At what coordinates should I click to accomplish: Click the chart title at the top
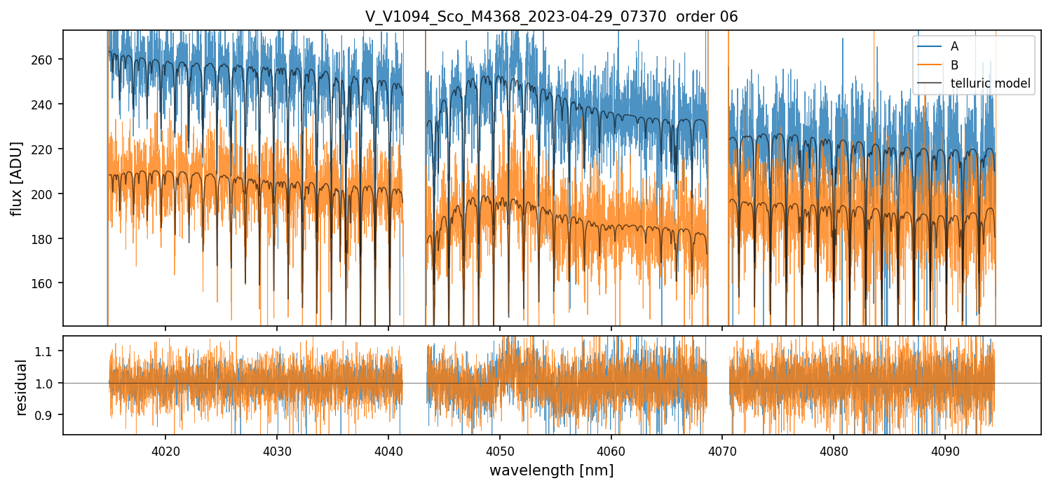click(x=551, y=17)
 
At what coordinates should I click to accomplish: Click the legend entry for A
click(x=954, y=46)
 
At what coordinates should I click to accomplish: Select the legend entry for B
click(x=954, y=65)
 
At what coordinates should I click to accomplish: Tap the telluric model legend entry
click(x=990, y=83)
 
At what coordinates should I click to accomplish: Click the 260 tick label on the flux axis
click(x=46, y=60)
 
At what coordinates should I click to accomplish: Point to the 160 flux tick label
click(x=46, y=283)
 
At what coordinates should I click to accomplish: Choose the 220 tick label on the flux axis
click(x=46, y=149)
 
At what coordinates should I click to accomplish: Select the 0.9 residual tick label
click(x=48, y=415)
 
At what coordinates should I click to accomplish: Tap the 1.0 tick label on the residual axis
click(x=48, y=383)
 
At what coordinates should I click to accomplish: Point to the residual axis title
click(x=21, y=387)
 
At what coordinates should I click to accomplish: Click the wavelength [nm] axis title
click(x=551, y=470)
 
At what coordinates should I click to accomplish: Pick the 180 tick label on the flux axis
click(x=46, y=238)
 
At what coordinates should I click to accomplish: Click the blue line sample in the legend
click(x=930, y=46)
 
